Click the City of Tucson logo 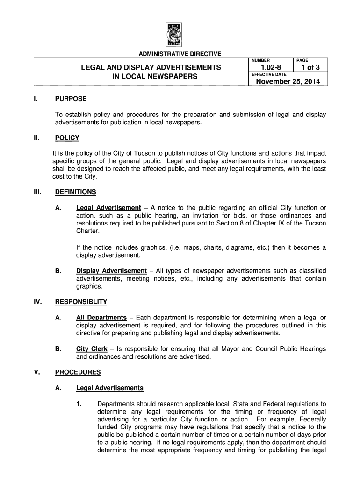click(x=180, y=35)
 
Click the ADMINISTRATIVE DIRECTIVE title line click(x=180, y=54)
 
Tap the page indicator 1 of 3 click(x=309, y=68)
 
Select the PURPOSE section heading click(x=71, y=99)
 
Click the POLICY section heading click(x=67, y=138)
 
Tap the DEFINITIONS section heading click(x=75, y=192)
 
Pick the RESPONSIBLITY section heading click(x=81, y=302)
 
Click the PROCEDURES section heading click(x=78, y=372)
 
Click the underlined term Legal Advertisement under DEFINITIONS click(x=108, y=208)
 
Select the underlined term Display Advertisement click(x=111, y=271)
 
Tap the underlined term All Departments click(x=101, y=318)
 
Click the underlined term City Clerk click(x=92, y=349)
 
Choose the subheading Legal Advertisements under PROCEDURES click(x=109, y=388)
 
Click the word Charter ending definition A click(x=88, y=231)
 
